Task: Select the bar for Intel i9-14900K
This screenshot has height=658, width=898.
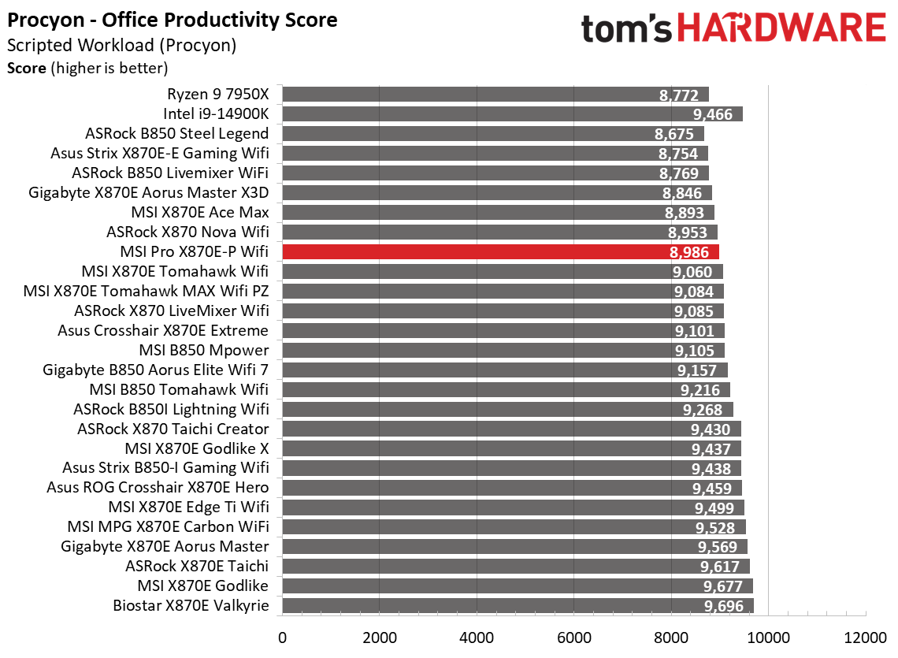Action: (x=512, y=114)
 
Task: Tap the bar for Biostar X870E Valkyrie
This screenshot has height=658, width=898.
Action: (x=518, y=606)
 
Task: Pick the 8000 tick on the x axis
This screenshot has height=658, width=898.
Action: (x=671, y=636)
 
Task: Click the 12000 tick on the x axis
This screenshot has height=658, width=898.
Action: (x=865, y=636)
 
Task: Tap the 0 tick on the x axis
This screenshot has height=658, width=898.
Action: (x=282, y=636)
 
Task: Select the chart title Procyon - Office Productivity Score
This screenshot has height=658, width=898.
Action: (x=173, y=20)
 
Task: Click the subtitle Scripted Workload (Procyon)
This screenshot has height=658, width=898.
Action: (x=121, y=45)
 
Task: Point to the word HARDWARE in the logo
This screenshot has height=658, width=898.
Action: (x=781, y=28)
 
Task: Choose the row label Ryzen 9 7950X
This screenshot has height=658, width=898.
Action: (x=218, y=95)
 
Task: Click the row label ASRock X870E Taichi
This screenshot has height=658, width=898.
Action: (x=197, y=567)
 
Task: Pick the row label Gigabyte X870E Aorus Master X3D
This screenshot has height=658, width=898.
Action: (x=148, y=193)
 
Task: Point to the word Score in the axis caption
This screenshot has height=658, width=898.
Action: (x=26, y=68)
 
